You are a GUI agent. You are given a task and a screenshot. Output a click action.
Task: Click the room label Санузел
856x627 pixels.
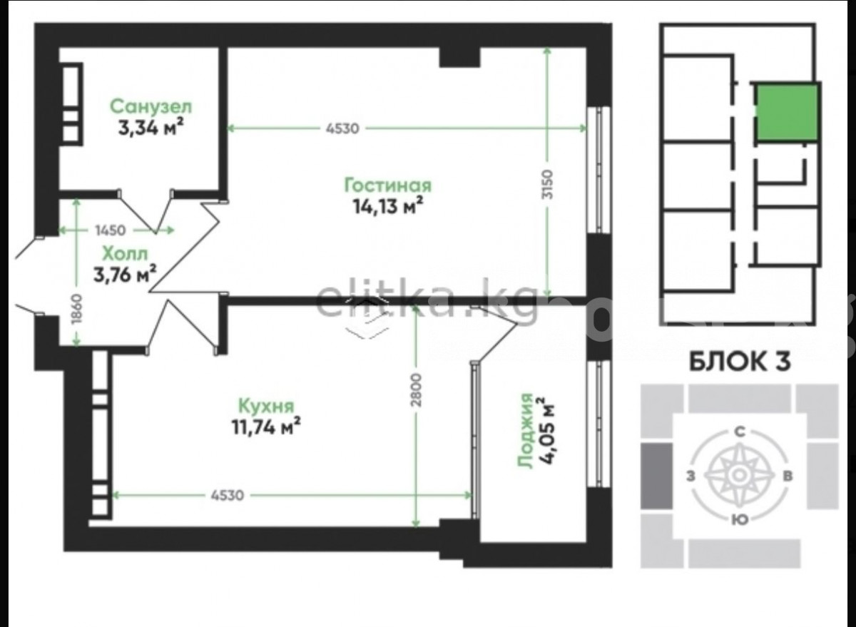(151, 106)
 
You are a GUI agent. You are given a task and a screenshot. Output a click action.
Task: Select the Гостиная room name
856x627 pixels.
(388, 185)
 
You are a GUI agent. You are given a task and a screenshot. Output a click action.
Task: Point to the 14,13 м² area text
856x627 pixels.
(388, 206)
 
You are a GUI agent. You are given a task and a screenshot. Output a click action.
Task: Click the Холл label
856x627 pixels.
(125, 254)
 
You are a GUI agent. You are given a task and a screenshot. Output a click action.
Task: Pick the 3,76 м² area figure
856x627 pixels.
(125, 275)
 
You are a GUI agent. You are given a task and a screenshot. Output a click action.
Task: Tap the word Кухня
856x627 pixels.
(266, 406)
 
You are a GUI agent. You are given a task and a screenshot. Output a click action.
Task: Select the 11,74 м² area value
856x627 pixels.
(265, 427)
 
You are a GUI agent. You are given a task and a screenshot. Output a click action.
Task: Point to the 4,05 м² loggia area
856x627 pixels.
(546, 430)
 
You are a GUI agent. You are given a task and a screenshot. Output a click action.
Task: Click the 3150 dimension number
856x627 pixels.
(547, 184)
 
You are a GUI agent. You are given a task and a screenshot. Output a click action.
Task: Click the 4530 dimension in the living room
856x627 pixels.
(342, 129)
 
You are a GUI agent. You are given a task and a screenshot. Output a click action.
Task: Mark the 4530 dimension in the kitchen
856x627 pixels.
(227, 495)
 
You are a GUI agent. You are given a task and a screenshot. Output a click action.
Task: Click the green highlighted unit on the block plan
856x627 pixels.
(788, 113)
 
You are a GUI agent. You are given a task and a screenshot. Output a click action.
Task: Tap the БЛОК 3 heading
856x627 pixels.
(740, 361)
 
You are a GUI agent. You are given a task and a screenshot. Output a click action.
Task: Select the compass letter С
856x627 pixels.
(740, 432)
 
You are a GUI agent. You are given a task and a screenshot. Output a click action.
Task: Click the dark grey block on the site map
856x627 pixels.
(656, 476)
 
